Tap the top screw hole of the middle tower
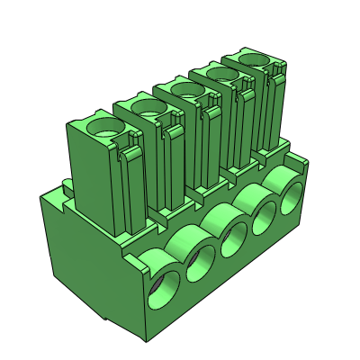[x=185, y=89]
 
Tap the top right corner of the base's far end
[x=306, y=160]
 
